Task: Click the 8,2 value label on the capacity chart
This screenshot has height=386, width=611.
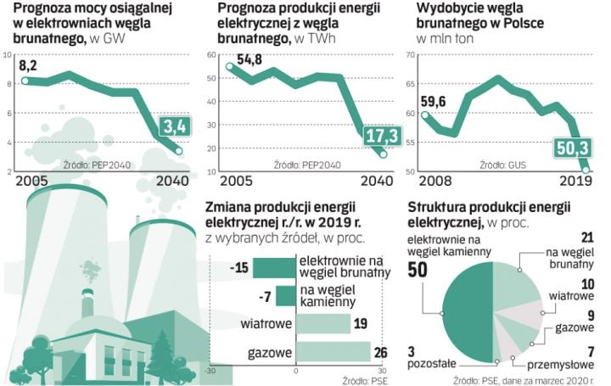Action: (x=28, y=65)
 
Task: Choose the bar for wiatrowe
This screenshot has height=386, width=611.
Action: (x=323, y=325)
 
